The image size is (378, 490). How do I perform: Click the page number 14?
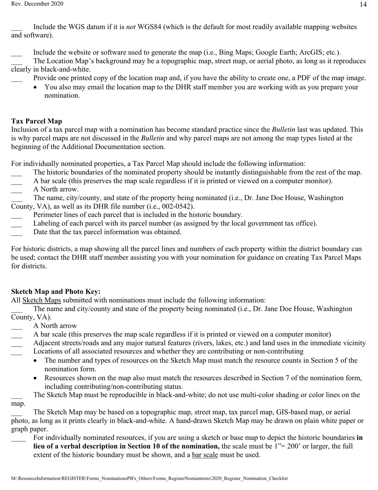(363, 5)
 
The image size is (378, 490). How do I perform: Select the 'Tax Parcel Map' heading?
(36, 121)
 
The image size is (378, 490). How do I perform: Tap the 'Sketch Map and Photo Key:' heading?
(56, 292)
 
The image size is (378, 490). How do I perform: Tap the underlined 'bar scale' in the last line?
(205, 455)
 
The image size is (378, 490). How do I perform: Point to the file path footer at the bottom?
(149, 478)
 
